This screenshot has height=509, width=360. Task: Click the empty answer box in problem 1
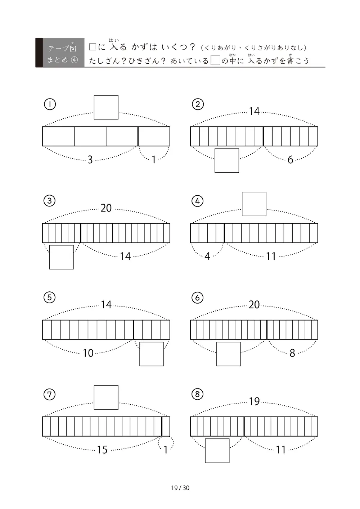coord(106,107)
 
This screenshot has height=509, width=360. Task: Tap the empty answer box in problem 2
coord(227,160)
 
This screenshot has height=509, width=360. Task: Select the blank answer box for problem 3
coord(62,257)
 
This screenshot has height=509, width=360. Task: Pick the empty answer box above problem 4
coord(254,204)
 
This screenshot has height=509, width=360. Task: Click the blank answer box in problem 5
coord(152,354)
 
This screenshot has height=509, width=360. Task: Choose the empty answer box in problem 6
coord(229,354)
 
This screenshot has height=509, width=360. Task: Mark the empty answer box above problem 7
coord(106,397)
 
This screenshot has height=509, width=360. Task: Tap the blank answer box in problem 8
coord(217,451)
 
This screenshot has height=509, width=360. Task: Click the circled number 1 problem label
coord(50,104)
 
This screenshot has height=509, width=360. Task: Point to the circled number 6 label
coord(197,298)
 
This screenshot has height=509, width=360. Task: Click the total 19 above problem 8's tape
coord(254,401)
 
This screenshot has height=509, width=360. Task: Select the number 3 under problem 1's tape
coord(90,160)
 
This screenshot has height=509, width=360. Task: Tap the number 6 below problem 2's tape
coord(291,160)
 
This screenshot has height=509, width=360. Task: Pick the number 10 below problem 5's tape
coord(88,353)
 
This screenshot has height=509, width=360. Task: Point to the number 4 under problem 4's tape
coord(207,256)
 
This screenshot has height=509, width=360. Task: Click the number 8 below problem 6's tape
coord(292,353)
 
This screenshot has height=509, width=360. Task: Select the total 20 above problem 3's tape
coord(106,208)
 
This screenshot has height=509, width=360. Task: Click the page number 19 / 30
coord(180,488)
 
